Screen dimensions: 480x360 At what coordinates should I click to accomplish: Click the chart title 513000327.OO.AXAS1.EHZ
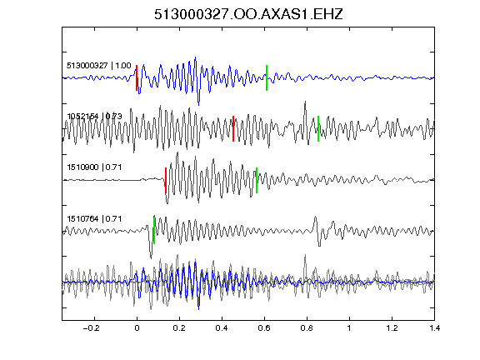tap(248, 14)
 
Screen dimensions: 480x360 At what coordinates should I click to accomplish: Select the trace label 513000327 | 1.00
tap(99, 66)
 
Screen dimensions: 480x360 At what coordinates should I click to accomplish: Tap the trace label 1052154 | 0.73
tap(95, 117)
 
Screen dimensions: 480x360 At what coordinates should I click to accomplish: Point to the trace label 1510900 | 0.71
tap(94, 167)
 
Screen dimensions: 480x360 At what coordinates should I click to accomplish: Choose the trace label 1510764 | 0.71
tap(94, 219)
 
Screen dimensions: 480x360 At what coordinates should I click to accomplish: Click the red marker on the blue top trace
tap(137, 77)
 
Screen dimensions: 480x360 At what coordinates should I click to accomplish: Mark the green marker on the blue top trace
tap(267, 77)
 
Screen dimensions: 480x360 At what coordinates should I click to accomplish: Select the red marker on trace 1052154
tap(233, 128)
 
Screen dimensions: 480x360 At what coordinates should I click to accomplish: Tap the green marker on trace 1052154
tap(318, 128)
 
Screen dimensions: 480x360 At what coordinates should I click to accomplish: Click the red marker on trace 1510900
tap(166, 180)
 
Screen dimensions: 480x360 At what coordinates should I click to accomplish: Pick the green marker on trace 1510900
tap(257, 180)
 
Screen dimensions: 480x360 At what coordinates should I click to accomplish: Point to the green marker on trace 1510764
tap(154, 230)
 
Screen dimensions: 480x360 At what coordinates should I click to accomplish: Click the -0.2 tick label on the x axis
tap(91, 328)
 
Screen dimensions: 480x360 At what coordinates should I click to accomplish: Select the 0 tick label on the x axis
tap(137, 328)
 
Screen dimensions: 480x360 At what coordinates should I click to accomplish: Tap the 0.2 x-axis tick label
tap(179, 328)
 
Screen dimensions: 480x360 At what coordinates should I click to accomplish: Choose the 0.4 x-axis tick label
tap(222, 328)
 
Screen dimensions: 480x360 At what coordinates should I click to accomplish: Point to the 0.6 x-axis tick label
tap(264, 328)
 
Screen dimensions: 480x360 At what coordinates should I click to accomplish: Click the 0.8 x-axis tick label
tap(307, 328)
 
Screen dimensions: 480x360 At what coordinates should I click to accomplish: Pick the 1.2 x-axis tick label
tap(392, 328)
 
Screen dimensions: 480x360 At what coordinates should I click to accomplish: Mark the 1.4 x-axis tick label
tap(434, 328)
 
